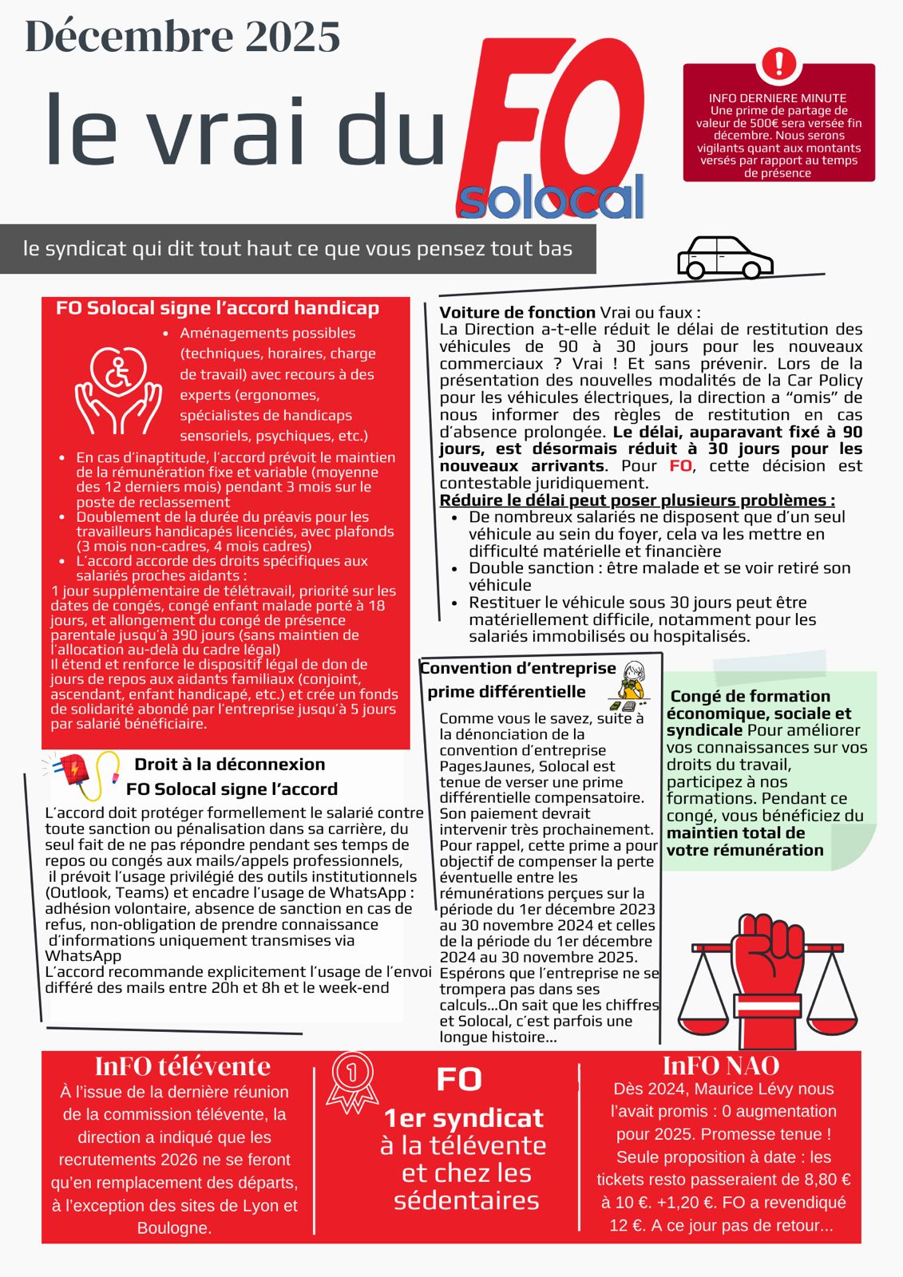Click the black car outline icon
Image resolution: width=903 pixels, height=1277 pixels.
click(724, 257)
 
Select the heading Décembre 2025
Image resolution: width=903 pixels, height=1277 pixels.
click(183, 37)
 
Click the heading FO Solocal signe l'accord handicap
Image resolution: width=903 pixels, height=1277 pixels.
click(217, 308)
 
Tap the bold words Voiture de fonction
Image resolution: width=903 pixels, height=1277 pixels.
click(517, 312)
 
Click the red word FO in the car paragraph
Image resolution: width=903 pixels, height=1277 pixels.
click(680, 465)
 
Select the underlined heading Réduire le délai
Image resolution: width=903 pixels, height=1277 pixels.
click(636, 500)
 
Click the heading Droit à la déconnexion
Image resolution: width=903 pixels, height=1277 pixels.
click(230, 764)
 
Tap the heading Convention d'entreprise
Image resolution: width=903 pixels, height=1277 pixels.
click(518, 668)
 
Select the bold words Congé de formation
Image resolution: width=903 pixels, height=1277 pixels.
click(750, 696)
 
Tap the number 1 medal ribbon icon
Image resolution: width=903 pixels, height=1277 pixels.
click(351, 1081)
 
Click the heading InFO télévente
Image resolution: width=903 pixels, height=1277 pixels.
click(182, 1065)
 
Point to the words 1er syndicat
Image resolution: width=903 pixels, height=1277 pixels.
click(463, 1117)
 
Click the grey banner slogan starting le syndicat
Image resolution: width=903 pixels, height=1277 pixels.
click(297, 248)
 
